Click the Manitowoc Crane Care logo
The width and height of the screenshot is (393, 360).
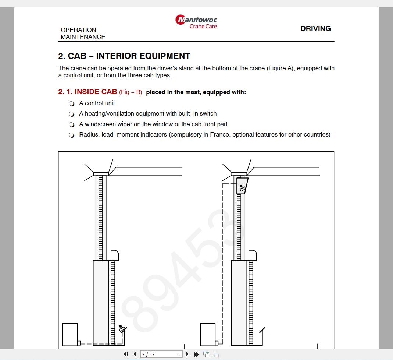point(196,21)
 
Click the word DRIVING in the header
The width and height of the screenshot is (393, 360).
point(315,28)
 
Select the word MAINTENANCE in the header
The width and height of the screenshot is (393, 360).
point(83,37)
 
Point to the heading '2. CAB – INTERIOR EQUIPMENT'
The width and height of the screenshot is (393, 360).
point(124,56)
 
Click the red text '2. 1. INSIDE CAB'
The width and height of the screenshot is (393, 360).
point(87,92)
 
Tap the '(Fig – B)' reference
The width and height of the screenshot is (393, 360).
point(131,92)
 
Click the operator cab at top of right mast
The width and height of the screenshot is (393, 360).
point(242,186)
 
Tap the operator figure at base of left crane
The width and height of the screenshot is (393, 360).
point(122,328)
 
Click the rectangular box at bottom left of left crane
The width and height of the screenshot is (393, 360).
point(70,334)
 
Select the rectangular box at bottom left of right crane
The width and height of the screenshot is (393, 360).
point(208,334)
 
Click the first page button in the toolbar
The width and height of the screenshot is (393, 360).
point(126,354)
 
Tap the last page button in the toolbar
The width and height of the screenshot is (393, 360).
point(196,354)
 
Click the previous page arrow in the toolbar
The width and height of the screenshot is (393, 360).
point(135,354)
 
